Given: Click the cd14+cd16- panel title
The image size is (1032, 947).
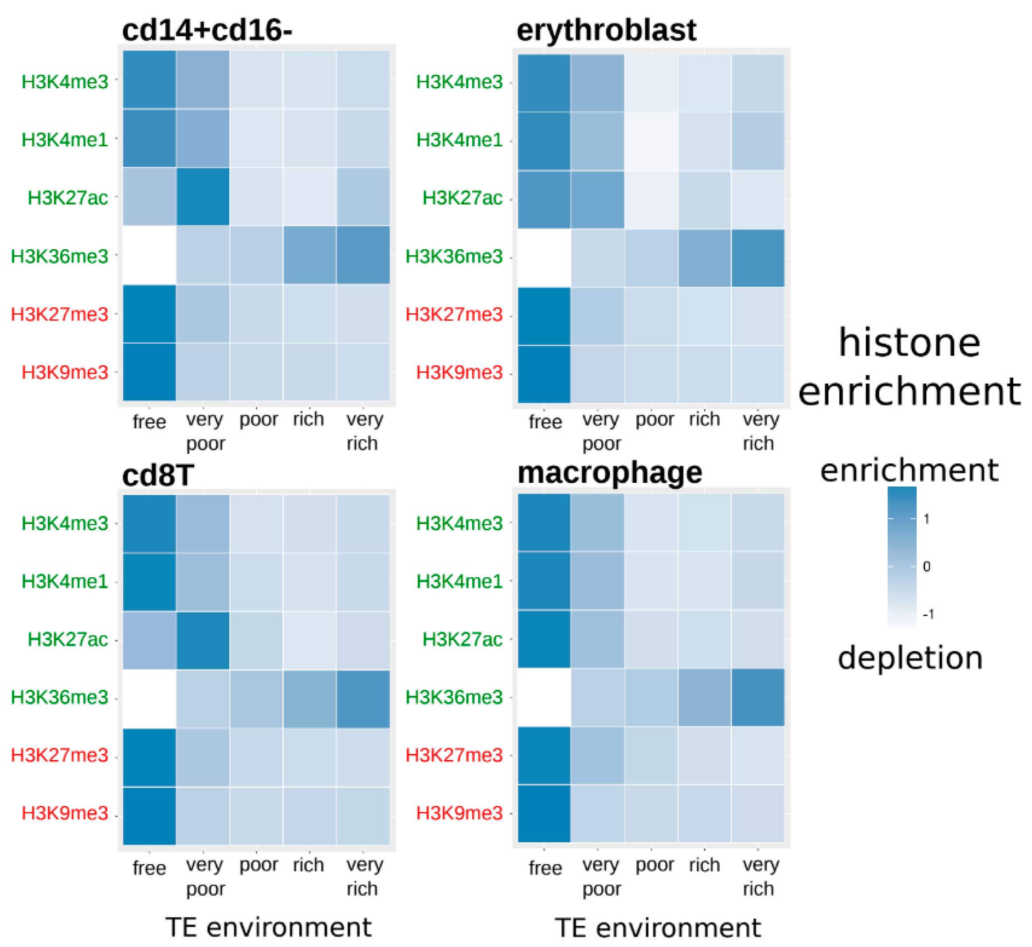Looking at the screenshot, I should (x=207, y=30).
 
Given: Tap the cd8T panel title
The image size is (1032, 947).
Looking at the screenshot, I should (x=157, y=474).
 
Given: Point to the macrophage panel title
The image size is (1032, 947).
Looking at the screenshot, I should (x=609, y=472).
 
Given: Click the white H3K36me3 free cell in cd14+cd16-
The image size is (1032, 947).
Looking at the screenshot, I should (x=149, y=254).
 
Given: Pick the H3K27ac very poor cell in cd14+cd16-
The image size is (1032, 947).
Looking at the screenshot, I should (x=203, y=197).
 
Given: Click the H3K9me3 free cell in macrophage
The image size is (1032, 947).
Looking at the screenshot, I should (x=544, y=813).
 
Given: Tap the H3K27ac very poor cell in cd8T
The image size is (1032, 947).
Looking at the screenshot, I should (x=203, y=641).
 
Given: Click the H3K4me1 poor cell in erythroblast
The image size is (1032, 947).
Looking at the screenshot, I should (x=651, y=141).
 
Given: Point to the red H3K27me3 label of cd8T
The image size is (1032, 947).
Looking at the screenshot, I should (x=59, y=755).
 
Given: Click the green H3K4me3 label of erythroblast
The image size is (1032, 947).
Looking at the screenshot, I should (x=459, y=82).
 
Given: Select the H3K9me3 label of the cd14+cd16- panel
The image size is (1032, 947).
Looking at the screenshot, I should (x=65, y=372).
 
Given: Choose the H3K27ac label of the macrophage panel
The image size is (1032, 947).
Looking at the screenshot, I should (x=462, y=639).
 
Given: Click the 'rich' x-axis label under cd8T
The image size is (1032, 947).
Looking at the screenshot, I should (x=308, y=865).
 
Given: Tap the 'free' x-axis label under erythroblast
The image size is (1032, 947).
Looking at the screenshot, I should (x=545, y=422).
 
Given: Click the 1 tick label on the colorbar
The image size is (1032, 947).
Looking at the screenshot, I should (x=926, y=519).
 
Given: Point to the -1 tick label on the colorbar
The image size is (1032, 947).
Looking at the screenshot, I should (x=928, y=614).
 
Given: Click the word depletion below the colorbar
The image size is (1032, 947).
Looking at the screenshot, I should (x=910, y=658).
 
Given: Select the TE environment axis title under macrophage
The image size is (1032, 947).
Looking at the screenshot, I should (x=657, y=927).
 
